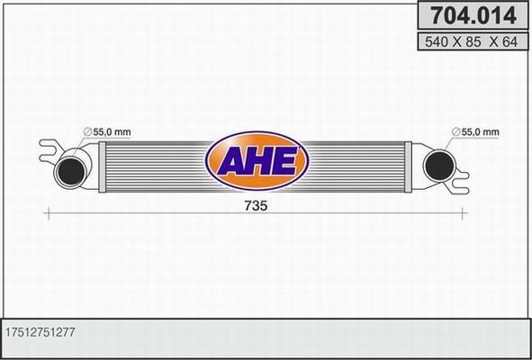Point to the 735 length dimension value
click(x=254, y=205)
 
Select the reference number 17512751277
click(x=44, y=332)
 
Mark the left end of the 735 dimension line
click(x=46, y=212)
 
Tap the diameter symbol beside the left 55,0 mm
click(x=86, y=133)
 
